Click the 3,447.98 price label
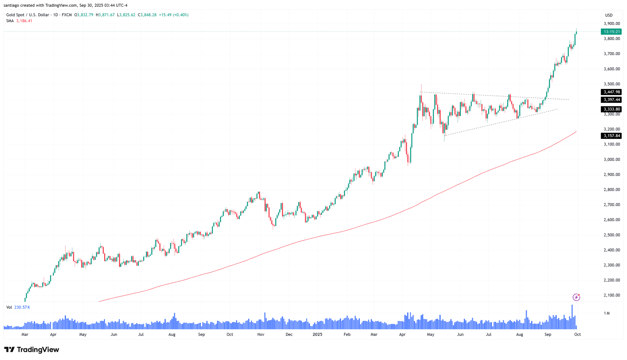click(x=612, y=92)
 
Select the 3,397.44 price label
click(x=612, y=100)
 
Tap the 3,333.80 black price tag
click(x=612, y=109)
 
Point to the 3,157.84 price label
click(x=612, y=136)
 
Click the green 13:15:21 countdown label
click(x=611, y=32)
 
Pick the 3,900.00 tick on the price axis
click(x=612, y=24)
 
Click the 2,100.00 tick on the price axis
click(x=612, y=295)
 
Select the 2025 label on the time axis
click(x=317, y=334)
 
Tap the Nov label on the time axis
click(x=261, y=334)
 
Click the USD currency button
click(x=609, y=15)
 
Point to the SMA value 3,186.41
click(x=24, y=21)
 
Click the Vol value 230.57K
click(x=22, y=307)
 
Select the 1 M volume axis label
click(x=607, y=313)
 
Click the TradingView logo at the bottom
click(x=32, y=350)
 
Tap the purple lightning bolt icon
click(x=576, y=297)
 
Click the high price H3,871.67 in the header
click(x=105, y=15)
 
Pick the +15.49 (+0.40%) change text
click(x=174, y=15)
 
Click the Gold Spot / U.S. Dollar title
click(x=28, y=15)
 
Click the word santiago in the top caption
click(x=11, y=5)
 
